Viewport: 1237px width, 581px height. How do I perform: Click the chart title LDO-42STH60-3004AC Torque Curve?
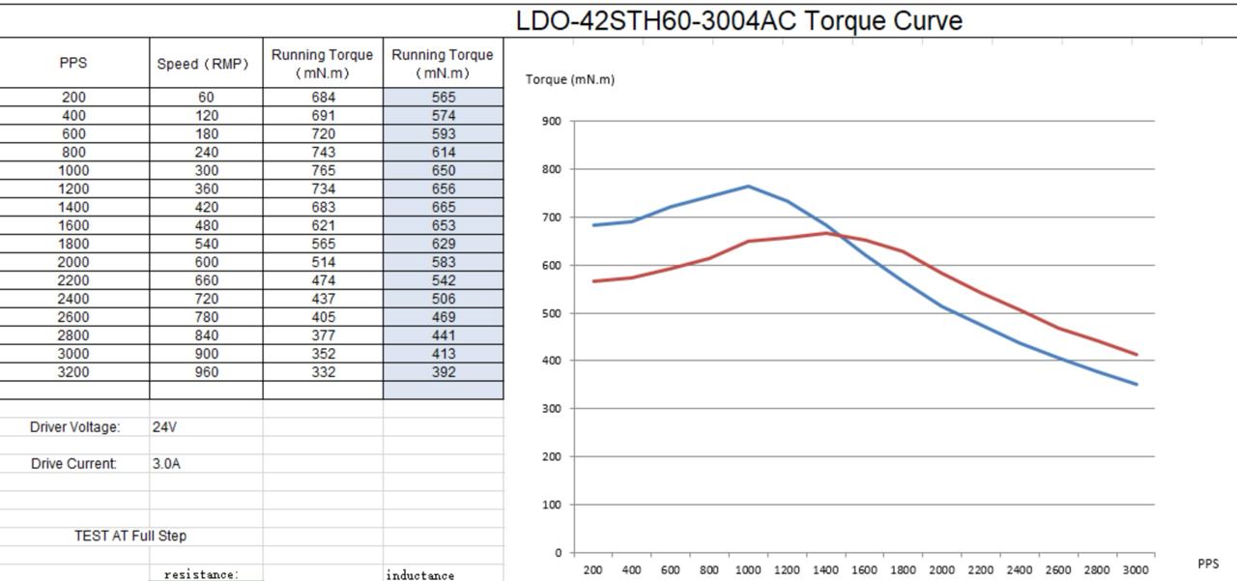click(738, 20)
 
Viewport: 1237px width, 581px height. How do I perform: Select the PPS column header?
click(73, 63)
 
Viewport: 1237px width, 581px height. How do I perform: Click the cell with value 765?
click(323, 170)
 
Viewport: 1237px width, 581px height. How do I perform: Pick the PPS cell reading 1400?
click(73, 207)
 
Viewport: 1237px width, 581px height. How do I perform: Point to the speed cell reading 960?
click(206, 372)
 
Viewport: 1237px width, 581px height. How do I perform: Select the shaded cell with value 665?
click(444, 207)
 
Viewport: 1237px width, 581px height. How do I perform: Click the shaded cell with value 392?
click(444, 372)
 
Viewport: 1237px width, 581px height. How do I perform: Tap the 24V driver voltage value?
click(165, 426)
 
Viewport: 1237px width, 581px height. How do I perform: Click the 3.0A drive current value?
click(166, 463)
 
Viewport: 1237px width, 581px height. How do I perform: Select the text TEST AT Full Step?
click(130, 536)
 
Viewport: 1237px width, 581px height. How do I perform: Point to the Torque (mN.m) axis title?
click(570, 79)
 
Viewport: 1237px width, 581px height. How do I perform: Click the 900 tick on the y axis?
click(552, 121)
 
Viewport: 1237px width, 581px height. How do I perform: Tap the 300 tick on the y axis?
click(552, 409)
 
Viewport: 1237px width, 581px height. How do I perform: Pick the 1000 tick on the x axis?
click(748, 570)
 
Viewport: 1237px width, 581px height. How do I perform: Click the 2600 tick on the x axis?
click(1058, 570)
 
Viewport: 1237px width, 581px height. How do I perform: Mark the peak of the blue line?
click(748, 186)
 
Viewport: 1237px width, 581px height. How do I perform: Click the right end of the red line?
click(1136, 355)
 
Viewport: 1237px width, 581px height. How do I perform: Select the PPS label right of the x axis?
click(1208, 564)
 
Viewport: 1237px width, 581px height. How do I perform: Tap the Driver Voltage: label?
click(75, 426)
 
